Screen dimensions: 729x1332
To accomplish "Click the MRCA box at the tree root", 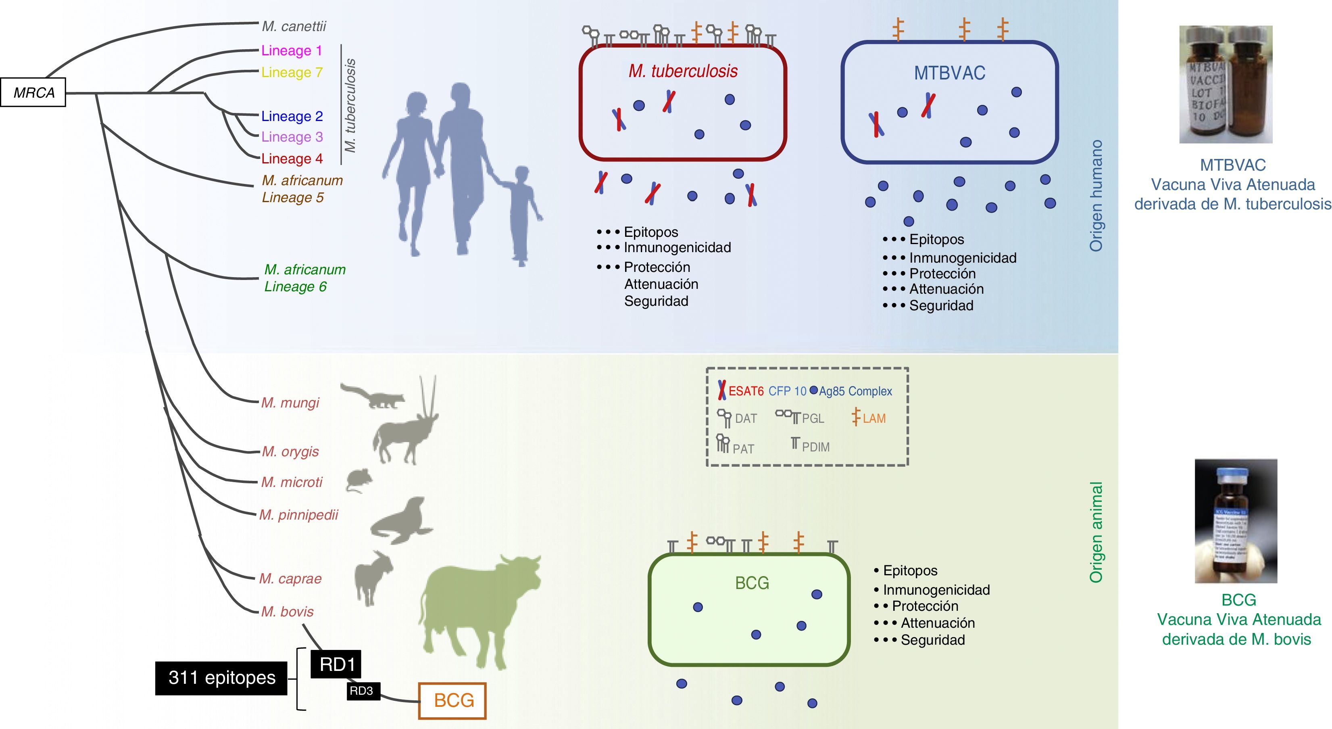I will click(33, 93).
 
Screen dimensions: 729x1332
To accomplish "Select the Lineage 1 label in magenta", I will click(291, 51).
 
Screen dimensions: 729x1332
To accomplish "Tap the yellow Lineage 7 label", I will click(292, 73).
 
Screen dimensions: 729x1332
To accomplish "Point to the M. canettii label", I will click(294, 26).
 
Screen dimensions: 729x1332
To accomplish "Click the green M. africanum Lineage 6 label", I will click(304, 278).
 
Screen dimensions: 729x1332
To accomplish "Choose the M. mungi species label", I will click(290, 403).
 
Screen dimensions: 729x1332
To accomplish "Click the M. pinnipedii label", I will click(298, 515).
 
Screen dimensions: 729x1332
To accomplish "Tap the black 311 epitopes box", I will click(221, 678).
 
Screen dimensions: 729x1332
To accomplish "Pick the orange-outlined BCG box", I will click(452, 700).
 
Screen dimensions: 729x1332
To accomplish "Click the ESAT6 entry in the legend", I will click(741, 391).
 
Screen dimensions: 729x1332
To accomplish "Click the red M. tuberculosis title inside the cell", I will click(683, 71).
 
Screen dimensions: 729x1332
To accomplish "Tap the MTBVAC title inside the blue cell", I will click(949, 73).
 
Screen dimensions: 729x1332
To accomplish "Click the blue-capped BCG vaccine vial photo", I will click(1236, 520).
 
